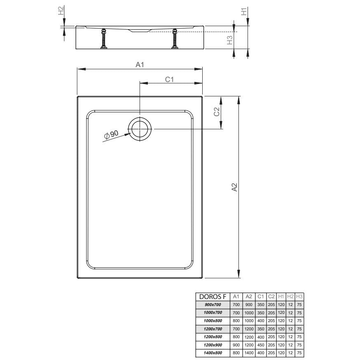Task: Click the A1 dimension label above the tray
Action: pyautogui.click(x=140, y=65)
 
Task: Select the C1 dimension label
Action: pyautogui.click(x=169, y=79)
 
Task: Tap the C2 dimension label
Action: pyautogui.click(x=217, y=112)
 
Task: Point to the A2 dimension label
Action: pyautogui.click(x=234, y=187)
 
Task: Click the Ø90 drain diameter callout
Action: pyautogui.click(x=111, y=135)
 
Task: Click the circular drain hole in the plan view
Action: pyautogui.click(x=140, y=129)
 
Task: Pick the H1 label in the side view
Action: pyautogui.click(x=244, y=12)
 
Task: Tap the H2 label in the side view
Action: pyautogui.click(x=61, y=11)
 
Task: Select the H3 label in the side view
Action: pyautogui.click(x=229, y=40)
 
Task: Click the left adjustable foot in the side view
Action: pyautogui.click(x=104, y=39)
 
